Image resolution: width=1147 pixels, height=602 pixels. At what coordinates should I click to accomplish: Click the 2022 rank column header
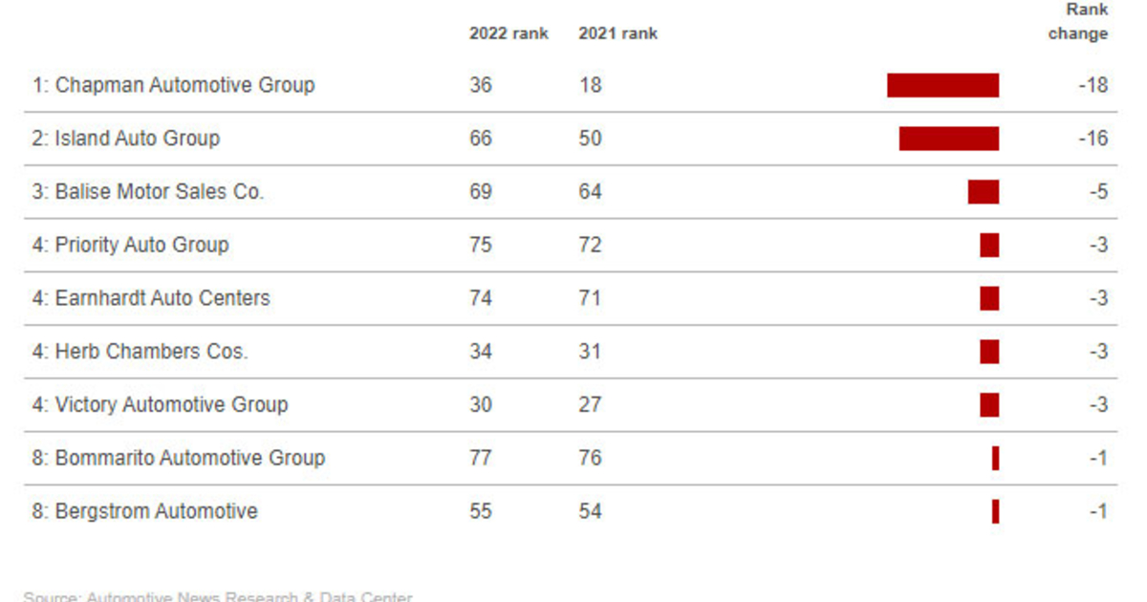pyautogui.click(x=509, y=33)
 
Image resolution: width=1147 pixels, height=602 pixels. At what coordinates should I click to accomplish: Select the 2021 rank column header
pyautogui.click(x=617, y=33)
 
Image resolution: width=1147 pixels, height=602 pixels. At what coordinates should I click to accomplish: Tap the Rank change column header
pyautogui.click(x=1078, y=22)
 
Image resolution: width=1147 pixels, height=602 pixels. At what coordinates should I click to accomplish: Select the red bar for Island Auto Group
pyautogui.click(x=948, y=139)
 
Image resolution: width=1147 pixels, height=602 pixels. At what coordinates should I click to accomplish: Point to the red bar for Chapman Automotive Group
pyautogui.click(x=942, y=85)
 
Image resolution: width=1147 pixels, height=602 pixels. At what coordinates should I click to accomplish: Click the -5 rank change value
pyautogui.click(x=1098, y=192)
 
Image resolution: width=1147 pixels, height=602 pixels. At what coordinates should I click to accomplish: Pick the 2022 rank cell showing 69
pyautogui.click(x=481, y=192)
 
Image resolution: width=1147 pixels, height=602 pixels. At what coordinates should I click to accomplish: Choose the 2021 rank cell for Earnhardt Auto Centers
pyautogui.click(x=590, y=298)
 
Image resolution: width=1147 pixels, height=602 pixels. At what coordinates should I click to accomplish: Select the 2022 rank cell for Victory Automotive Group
pyautogui.click(x=481, y=405)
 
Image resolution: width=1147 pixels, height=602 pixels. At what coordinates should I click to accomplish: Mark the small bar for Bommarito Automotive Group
pyautogui.click(x=995, y=459)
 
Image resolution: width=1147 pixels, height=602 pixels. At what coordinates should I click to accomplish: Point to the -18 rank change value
pyautogui.click(x=1093, y=85)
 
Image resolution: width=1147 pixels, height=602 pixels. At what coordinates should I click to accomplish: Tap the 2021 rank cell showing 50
pyautogui.click(x=590, y=139)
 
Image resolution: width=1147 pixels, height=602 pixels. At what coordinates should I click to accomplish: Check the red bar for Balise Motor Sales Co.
pyautogui.click(x=983, y=192)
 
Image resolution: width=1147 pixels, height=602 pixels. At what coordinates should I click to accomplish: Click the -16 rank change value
pyautogui.click(x=1093, y=139)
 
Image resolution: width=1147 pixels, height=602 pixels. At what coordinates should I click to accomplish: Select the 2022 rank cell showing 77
pyautogui.click(x=481, y=459)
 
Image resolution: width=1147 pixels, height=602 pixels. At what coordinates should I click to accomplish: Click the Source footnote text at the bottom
pyautogui.click(x=218, y=596)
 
